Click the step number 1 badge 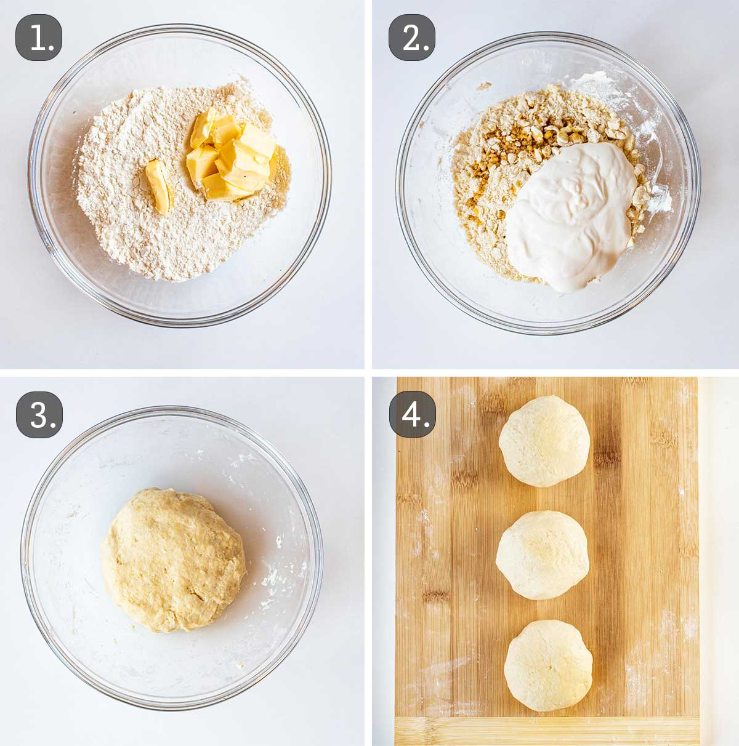pyautogui.click(x=38, y=38)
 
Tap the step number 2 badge pyautogui.click(x=411, y=38)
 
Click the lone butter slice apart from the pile pyautogui.click(x=158, y=186)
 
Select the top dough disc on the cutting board pyautogui.click(x=544, y=441)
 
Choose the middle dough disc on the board pyautogui.click(x=543, y=555)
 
